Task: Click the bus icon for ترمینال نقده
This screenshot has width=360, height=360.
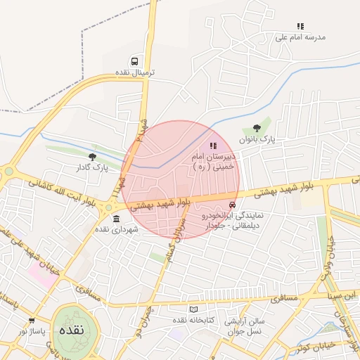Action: [134, 62]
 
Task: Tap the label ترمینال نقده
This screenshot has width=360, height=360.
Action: [134, 72]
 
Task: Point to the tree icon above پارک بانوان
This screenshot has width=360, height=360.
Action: [257, 128]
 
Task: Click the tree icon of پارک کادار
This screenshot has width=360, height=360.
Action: [92, 156]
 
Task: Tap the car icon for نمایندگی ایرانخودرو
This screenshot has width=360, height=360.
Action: [233, 205]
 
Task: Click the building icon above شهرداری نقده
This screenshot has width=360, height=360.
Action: [116, 219]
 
